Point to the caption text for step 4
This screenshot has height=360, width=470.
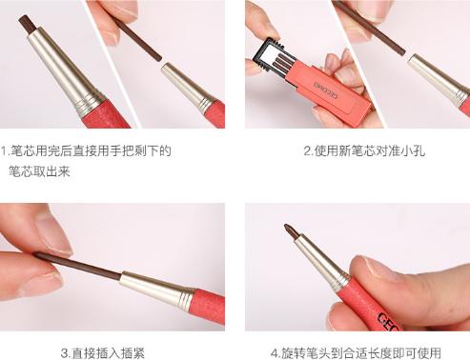(x=356, y=352)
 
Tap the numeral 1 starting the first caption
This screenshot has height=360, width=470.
(x=4, y=150)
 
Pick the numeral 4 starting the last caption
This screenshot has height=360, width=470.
(x=274, y=352)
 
